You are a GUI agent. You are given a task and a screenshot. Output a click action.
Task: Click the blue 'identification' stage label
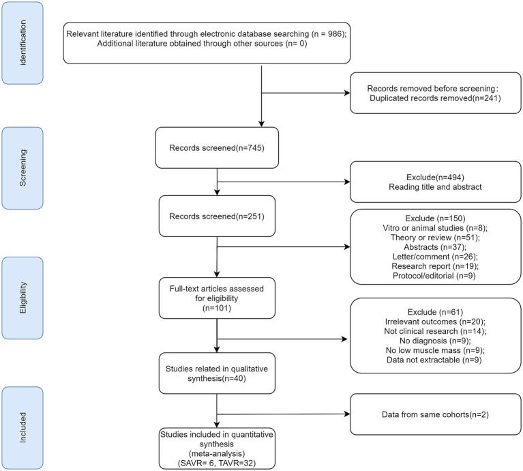click(x=23, y=43)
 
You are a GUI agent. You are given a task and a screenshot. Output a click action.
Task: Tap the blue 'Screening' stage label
click(x=23, y=168)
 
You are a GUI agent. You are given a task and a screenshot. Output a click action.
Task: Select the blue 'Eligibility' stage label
click(x=23, y=298)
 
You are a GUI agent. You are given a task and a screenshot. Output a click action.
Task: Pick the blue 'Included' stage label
click(x=23, y=428)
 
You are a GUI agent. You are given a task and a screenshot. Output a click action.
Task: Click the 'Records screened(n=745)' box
click(x=217, y=147)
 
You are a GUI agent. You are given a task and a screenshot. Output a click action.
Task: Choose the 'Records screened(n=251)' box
click(x=217, y=216)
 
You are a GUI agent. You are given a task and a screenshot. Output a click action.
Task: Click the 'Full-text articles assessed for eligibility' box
click(x=217, y=298)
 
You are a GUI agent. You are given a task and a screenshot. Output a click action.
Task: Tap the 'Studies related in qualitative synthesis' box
click(x=217, y=373)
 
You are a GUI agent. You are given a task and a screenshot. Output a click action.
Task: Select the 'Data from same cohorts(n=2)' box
click(x=435, y=414)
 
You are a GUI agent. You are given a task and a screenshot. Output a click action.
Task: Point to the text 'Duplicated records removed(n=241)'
click(x=435, y=98)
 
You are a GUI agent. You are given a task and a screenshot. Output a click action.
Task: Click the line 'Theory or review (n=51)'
click(x=435, y=238)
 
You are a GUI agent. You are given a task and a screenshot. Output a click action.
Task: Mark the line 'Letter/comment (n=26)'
click(x=435, y=257)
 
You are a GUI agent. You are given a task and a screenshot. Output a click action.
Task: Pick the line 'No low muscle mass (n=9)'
click(x=435, y=350)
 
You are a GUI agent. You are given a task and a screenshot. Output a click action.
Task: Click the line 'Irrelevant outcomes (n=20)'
click(x=435, y=322)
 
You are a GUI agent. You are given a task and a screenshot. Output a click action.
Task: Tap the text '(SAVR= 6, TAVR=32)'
click(x=217, y=463)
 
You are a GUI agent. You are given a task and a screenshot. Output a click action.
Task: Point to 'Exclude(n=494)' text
click(x=435, y=177)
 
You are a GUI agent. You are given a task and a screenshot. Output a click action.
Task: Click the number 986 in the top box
click(x=335, y=33)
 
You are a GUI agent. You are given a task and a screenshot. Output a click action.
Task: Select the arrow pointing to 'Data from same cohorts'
click(x=283, y=414)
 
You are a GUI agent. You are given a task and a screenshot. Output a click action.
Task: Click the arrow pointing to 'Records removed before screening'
click(x=305, y=93)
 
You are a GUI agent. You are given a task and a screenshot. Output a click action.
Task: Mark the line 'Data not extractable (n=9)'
click(x=434, y=360)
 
